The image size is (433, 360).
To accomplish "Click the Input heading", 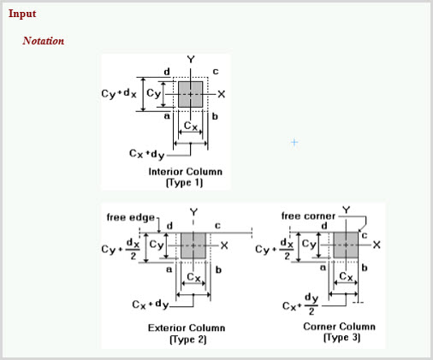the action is click(22, 14).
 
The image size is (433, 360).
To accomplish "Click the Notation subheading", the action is click(44, 41).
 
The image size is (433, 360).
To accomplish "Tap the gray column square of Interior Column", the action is click(191, 94).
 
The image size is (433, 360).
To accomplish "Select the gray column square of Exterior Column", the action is click(193, 245).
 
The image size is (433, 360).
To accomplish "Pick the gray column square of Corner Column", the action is click(346, 245).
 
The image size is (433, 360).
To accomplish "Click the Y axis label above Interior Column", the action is click(191, 60).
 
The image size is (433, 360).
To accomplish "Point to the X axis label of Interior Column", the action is click(222, 94).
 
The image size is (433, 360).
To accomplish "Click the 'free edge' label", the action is click(131, 217).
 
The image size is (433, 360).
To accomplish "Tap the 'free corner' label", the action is click(308, 216).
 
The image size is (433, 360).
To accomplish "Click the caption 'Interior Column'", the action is click(186, 172).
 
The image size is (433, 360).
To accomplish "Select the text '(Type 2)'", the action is click(188, 339).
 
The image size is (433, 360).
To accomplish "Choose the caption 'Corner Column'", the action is click(339, 327).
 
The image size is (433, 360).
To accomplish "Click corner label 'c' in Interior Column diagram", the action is click(216, 72).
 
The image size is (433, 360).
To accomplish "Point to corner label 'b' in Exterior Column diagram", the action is click(218, 269).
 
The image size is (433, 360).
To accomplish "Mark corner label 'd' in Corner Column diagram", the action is click(324, 226).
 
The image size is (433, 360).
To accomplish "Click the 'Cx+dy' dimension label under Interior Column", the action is click(147, 154).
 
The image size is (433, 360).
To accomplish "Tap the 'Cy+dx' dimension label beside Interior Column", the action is click(119, 93).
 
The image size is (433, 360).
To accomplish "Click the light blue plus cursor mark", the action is click(294, 142).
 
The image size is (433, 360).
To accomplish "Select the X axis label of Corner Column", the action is click(377, 245).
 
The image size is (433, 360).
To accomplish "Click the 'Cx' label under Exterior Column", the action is click(193, 277).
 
